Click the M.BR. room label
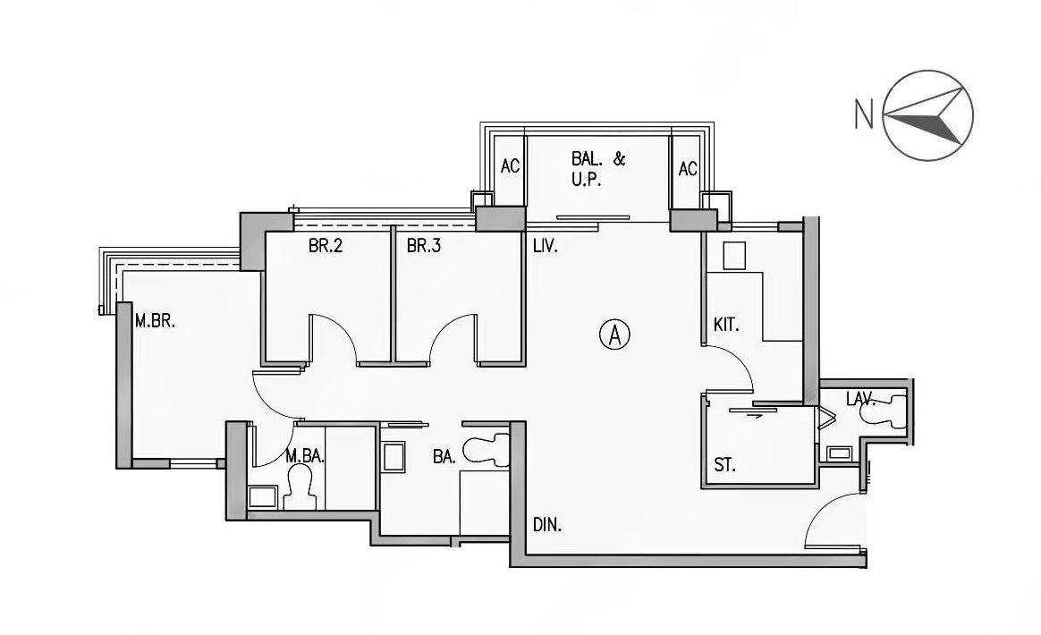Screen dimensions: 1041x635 [155, 321]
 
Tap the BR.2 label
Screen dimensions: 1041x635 [326, 247]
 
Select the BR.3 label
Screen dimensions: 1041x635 [424, 247]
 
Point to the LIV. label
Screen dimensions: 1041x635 [546, 247]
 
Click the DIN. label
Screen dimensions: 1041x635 [547, 525]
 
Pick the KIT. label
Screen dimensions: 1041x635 [726, 325]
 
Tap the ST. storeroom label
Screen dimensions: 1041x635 [724, 465]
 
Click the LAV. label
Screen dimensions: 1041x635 [861, 399]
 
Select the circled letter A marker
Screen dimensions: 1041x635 [614, 334]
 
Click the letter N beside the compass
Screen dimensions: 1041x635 [864, 114]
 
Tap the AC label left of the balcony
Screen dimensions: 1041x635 [510, 166]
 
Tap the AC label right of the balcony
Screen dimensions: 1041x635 [688, 169]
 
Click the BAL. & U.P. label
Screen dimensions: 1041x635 [598, 169]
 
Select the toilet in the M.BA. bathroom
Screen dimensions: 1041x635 [300, 487]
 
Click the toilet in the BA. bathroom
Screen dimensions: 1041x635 [486, 450]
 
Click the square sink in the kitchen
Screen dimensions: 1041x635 [734, 256]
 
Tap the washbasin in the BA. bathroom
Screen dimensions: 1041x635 [394, 457]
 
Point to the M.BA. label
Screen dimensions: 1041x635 [305, 455]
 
